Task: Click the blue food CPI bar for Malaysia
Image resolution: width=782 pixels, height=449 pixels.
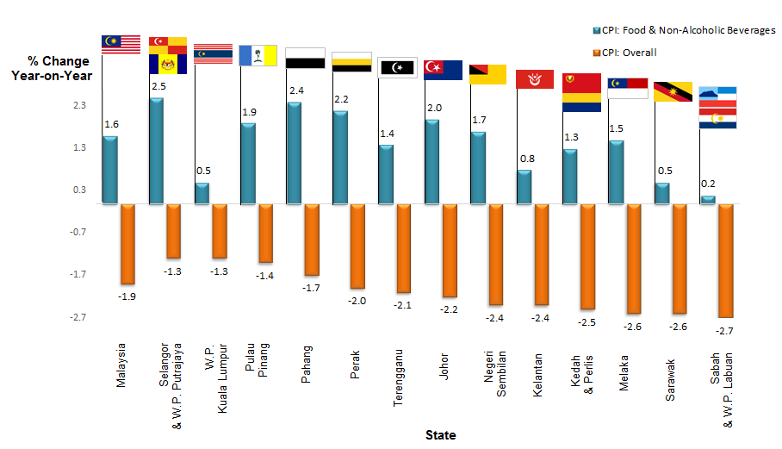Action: coord(110,170)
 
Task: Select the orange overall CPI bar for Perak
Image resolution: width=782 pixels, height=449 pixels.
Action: coord(357,246)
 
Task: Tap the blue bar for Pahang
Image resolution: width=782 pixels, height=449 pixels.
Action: coord(294,153)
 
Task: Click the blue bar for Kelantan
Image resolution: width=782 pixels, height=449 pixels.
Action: coord(524,186)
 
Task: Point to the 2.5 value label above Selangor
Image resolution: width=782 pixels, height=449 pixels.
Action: coord(157,86)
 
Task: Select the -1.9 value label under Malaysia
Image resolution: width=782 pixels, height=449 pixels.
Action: coord(127,296)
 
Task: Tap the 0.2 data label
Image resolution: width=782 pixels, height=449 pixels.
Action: coord(708,184)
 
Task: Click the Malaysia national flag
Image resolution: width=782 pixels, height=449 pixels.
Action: coord(121,45)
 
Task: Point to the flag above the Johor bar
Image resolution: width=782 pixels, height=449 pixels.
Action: coord(444,70)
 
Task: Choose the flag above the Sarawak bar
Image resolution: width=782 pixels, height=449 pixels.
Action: coord(673,91)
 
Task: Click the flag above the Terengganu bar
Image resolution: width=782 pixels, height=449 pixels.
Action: coord(397,67)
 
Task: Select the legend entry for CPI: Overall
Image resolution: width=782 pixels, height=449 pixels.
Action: coord(624,53)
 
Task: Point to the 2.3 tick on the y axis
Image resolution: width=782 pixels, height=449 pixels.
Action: coord(79,105)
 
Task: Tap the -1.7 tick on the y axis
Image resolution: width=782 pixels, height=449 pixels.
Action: coord(78,274)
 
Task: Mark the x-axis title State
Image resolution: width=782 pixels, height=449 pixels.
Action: coord(440,435)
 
